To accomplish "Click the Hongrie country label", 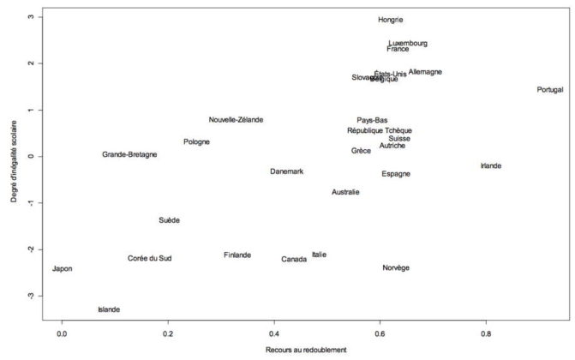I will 390,20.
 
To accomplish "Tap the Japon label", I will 63,269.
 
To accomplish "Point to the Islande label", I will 109,309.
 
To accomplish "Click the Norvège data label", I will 396,268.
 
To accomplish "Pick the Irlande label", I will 491,165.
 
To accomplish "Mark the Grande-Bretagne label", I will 129,155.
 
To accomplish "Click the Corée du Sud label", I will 150,258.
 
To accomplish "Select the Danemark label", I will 287,171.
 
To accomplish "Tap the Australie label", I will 345,192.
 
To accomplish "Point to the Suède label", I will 170,220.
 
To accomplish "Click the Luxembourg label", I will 408,43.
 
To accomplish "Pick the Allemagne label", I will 425,72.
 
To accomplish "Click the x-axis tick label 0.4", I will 274,333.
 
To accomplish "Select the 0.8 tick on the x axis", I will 486,333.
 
